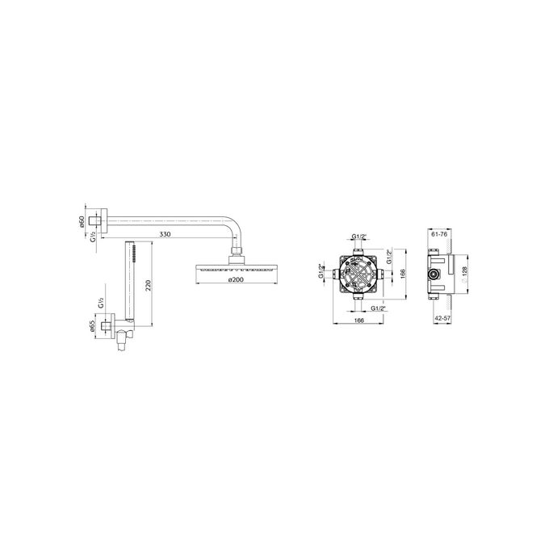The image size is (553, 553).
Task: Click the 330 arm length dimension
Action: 165,234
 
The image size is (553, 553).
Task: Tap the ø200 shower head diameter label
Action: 236,279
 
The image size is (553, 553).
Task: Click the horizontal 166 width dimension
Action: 358,321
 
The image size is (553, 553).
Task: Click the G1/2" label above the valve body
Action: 359,237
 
